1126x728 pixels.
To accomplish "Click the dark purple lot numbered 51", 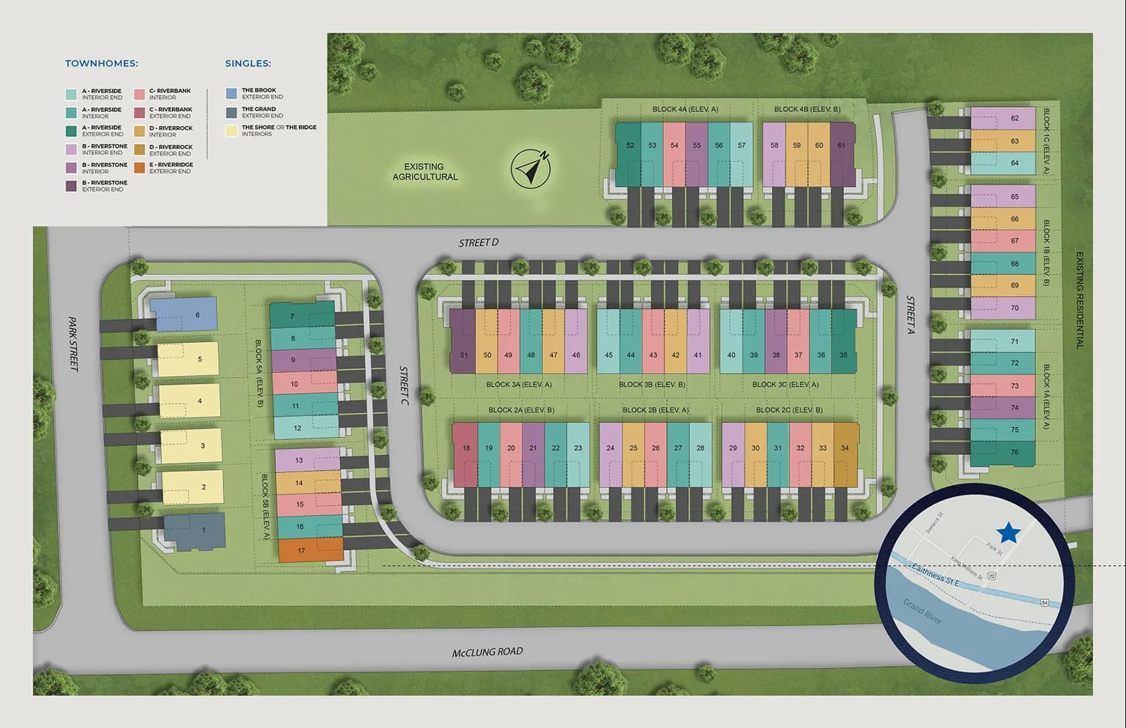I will click(463, 341).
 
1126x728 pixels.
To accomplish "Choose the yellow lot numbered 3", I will click(192, 446).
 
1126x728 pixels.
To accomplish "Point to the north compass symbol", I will click(531, 169).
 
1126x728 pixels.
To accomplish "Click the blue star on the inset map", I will click(1008, 533).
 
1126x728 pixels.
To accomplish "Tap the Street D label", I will click(478, 243).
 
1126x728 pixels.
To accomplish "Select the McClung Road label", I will click(487, 652).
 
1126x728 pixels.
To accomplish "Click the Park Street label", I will click(73, 344).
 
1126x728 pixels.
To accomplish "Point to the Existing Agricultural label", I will click(425, 172).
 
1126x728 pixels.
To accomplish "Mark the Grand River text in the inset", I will click(922, 611).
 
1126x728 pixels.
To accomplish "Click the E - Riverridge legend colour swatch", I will click(139, 168).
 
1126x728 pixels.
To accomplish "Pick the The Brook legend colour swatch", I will click(231, 93).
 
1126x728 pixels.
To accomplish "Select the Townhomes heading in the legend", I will click(101, 63).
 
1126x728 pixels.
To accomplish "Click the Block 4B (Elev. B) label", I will click(807, 109).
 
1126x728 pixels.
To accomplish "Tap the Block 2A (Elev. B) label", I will click(521, 410).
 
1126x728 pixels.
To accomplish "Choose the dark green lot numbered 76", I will click(1003, 452).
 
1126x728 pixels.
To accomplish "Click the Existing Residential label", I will click(1079, 300).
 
